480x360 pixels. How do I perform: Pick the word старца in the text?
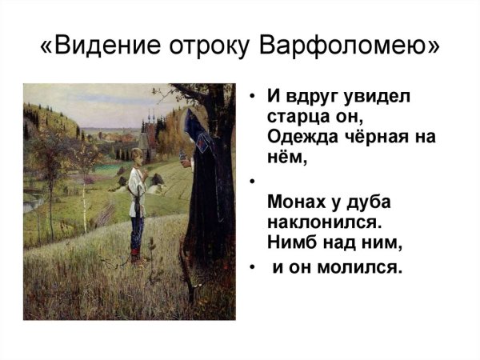298,117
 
